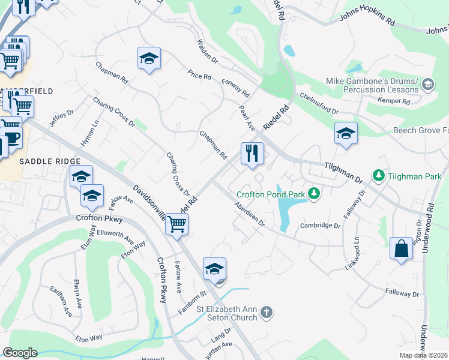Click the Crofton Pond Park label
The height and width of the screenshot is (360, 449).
pos(270,194)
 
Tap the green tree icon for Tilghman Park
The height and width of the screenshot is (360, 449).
pos(379,176)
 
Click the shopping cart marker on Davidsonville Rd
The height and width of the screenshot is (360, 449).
pos(176,224)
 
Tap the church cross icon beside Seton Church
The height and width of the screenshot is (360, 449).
pos(267,312)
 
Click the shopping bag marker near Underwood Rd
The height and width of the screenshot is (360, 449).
pos(401,248)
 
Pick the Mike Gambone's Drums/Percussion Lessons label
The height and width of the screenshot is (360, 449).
pos(372,85)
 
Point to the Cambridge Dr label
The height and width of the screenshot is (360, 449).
pos(321,226)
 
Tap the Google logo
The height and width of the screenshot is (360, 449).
pos(20,353)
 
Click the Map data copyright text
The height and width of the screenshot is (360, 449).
pos(424,355)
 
